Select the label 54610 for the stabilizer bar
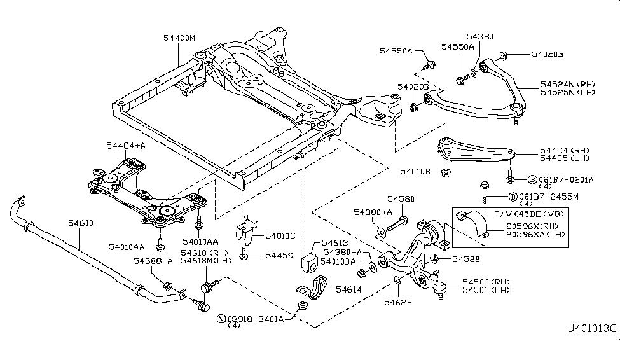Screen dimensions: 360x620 click(81, 223)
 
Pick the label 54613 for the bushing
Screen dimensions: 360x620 click(334, 242)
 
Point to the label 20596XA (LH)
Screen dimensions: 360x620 click(535, 235)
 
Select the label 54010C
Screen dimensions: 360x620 click(280, 236)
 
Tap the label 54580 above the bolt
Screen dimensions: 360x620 click(401, 199)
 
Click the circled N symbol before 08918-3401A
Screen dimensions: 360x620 click(221, 317)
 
